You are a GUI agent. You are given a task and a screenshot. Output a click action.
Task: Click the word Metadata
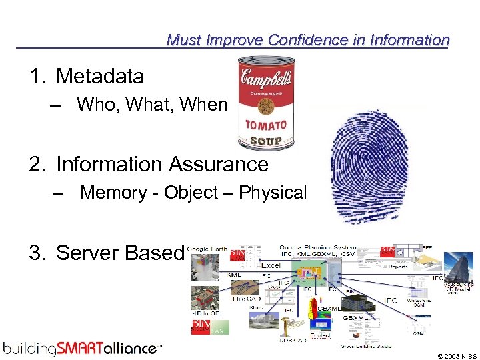coord(100,77)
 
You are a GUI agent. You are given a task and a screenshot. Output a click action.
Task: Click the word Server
coord(87,253)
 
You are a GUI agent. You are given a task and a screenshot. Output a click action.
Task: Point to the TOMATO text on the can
coord(265,125)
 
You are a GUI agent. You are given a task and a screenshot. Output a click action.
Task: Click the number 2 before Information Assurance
coord(35,163)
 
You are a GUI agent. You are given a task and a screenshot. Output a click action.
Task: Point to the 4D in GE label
coord(206,313)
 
